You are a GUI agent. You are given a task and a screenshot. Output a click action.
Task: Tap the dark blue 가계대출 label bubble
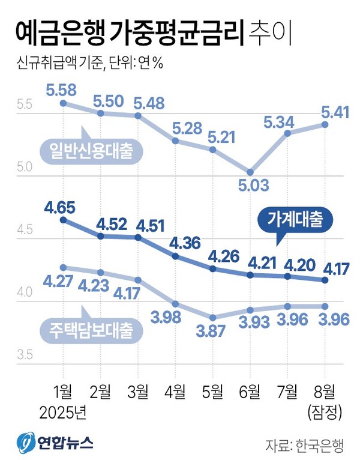point(295,220)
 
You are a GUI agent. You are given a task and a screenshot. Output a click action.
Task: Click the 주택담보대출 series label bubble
point(89,329)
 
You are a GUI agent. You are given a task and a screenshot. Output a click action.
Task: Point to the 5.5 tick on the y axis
point(24,104)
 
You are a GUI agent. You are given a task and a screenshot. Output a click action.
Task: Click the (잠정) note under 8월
point(325,412)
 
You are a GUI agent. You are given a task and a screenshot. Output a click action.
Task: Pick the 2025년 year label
point(63,412)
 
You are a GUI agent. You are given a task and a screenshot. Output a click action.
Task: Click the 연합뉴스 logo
point(55,443)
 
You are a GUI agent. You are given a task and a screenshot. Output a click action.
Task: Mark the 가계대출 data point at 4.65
point(63,220)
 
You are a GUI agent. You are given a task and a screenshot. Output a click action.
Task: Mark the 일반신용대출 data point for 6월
point(250,172)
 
